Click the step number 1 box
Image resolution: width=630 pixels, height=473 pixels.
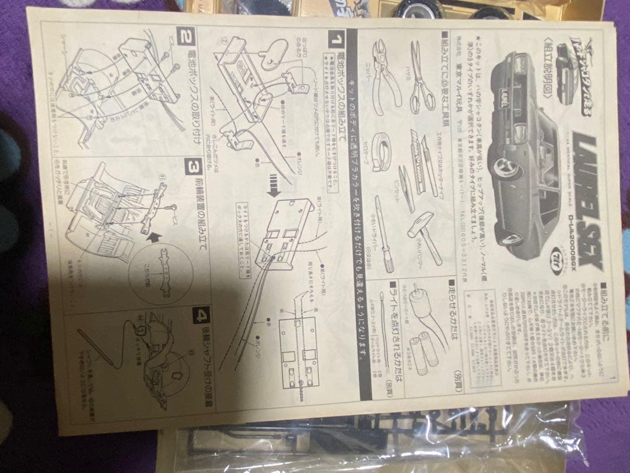point(336,41)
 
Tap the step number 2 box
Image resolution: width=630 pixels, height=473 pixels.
point(186,39)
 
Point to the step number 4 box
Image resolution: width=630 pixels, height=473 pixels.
point(201,318)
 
